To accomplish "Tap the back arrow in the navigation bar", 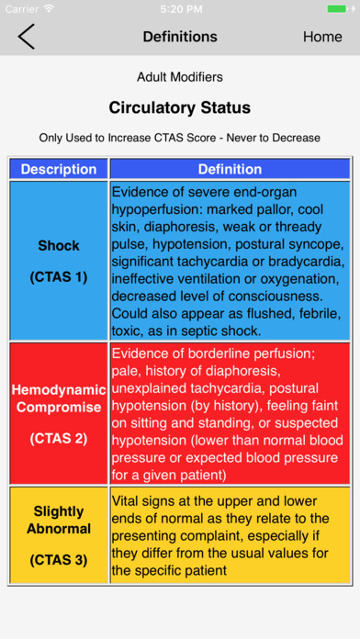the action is pos(26,37).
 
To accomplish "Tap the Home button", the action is pos(322,37).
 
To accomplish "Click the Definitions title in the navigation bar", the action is pos(180,37).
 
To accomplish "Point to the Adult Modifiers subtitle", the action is pos(179,77).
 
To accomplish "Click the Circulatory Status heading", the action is pos(180,107).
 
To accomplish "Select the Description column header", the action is pos(59,169).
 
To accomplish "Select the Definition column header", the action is pos(230,169).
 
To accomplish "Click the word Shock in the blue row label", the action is pos(59,246).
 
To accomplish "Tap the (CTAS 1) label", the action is pos(59,276).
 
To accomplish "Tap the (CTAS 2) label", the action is pos(59,438).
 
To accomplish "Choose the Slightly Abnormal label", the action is pos(59,520).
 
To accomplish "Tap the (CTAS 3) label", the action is pos(59,559).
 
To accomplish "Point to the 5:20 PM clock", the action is pos(180,8).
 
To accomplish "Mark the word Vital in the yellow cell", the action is pos(129,501).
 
